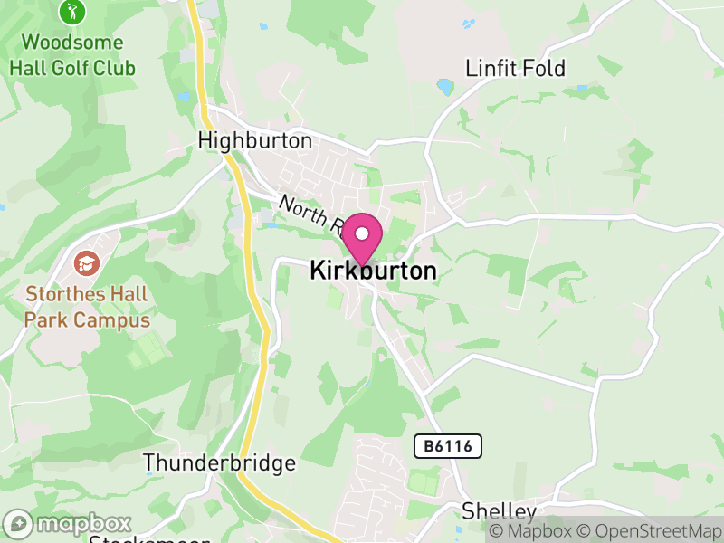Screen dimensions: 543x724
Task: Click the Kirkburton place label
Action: pyautogui.click(x=373, y=271)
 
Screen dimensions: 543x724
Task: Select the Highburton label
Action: pyautogui.click(x=254, y=141)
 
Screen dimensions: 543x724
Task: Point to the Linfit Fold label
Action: pyautogui.click(x=515, y=69)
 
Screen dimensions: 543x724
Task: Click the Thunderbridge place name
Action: pyautogui.click(x=220, y=463)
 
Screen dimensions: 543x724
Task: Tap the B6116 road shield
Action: pyautogui.click(x=448, y=445)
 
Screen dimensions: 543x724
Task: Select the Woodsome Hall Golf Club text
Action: pyautogui.click(x=72, y=55)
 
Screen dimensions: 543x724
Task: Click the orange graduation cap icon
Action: pyautogui.click(x=86, y=263)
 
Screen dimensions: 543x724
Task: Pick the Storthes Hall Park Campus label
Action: pyautogui.click(x=87, y=307)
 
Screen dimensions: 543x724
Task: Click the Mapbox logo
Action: pyautogui.click(x=70, y=524)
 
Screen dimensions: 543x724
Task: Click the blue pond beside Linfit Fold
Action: pyautogui.click(x=444, y=87)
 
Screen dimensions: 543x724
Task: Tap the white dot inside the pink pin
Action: pyautogui.click(x=362, y=233)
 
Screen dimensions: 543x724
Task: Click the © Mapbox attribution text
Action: pyautogui.click(x=534, y=531)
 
